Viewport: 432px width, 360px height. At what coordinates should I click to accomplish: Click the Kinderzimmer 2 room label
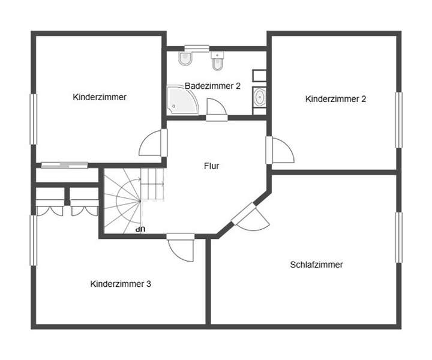(x=335, y=99)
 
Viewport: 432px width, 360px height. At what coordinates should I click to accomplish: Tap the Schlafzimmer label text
(x=316, y=264)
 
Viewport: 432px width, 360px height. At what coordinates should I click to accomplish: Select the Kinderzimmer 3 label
(x=121, y=284)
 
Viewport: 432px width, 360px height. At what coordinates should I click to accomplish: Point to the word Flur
(x=211, y=166)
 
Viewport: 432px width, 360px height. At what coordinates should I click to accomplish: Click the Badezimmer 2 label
(x=212, y=86)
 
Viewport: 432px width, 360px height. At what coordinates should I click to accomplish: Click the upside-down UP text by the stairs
(x=140, y=229)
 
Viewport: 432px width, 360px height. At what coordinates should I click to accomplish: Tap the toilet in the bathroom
(x=184, y=59)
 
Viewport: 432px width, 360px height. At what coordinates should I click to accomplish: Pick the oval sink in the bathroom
(x=260, y=98)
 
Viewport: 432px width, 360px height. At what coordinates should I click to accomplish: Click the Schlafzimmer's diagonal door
(x=248, y=217)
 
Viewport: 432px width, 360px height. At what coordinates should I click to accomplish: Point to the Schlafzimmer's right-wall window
(x=398, y=238)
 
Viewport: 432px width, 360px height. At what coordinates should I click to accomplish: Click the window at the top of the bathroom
(x=196, y=48)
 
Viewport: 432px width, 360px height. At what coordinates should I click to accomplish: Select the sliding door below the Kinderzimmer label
(x=64, y=165)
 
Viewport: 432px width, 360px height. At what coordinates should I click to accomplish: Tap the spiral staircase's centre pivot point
(x=140, y=200)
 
